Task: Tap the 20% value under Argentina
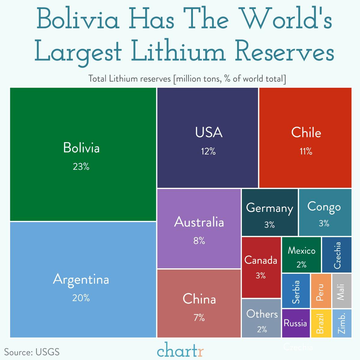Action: [x=81, y=298]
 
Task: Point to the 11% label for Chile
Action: [x=306, y=151]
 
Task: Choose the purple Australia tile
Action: [x=199, y=228]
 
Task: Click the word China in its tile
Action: [x=199, y=299]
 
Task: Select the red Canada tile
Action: [x=261, y=267]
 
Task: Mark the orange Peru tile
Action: [x=321, y=291]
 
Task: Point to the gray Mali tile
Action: [x=341, y=291]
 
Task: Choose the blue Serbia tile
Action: [x=296, y=291]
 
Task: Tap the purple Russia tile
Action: [x=296, y=323]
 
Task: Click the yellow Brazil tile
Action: [x=321, y=323]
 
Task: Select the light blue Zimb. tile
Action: [x=342, y=323]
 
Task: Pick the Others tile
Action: [x=261, y=319]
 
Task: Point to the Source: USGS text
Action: [x=32, y=352]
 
